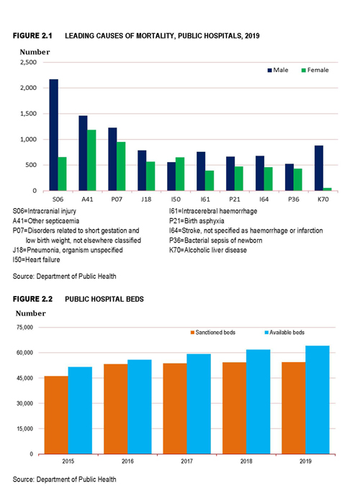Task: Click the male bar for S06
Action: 54,135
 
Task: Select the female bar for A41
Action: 91,161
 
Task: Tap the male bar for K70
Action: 319,168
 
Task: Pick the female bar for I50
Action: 180,174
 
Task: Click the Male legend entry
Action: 278,70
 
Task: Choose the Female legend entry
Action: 315,70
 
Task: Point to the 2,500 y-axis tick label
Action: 29,63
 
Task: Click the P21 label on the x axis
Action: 235,199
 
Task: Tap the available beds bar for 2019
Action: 318,400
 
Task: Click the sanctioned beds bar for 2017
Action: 175,408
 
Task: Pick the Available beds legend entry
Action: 284,333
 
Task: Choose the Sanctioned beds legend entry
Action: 213,333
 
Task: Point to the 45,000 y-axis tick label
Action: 24,378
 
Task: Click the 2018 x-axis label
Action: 246,462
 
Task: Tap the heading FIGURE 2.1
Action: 32,36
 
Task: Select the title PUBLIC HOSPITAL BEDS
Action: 104,300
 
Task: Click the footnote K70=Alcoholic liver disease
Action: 208,250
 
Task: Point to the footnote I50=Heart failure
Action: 36,260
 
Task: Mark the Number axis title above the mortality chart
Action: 35,52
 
